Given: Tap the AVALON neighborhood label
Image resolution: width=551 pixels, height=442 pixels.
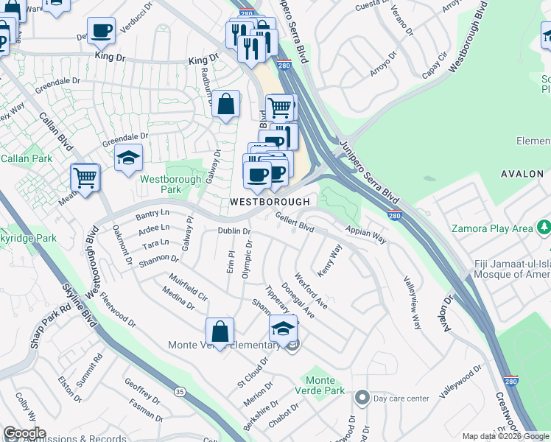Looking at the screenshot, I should click(522, 174).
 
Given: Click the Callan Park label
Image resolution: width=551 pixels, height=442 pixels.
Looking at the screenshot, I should click(26, 158).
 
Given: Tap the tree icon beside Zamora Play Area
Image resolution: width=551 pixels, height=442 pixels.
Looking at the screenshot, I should click(544, 228).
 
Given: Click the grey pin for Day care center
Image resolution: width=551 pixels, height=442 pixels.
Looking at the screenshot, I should click(362, 399).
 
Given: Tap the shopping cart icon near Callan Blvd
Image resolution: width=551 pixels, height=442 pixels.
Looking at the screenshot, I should click(85, 177).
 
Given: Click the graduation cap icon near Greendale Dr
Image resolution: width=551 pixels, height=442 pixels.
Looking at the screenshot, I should click(128, 156).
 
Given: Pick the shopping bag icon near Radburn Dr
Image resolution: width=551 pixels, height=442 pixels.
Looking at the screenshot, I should click(226, 103).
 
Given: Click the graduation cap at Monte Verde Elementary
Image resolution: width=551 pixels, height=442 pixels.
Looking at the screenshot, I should click(282, 328).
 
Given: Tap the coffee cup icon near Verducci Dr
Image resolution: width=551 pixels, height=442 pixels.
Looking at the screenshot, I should click(102, 31).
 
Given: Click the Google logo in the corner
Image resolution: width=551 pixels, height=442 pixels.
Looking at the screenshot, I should click(24, 433).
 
